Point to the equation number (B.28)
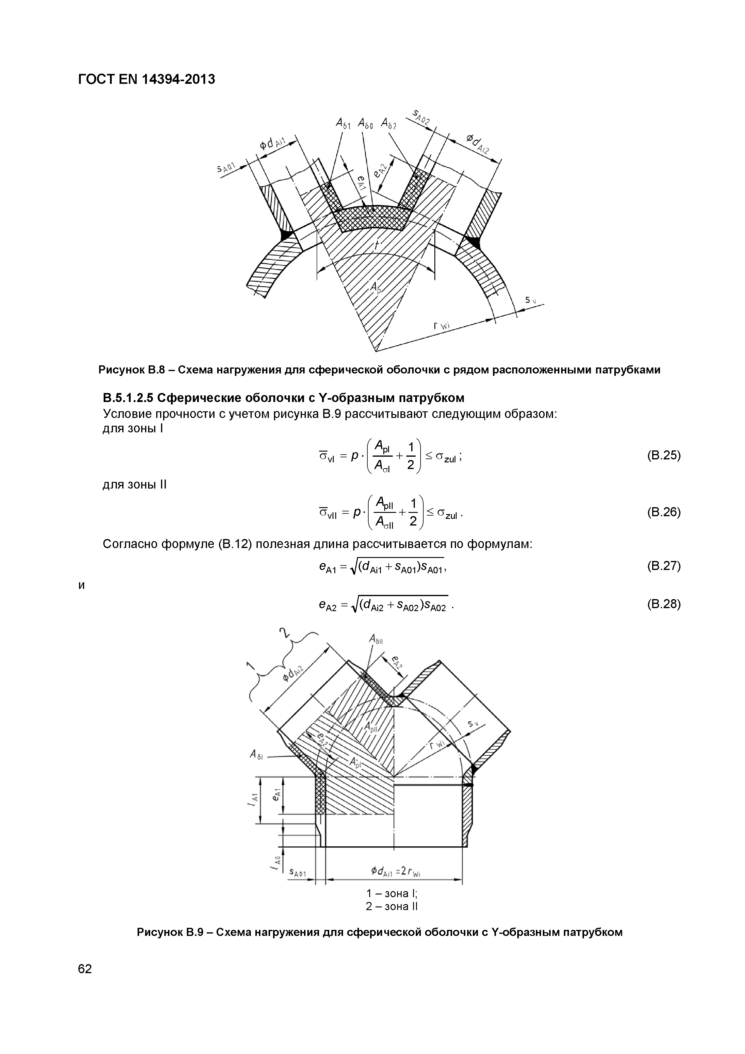663,604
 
